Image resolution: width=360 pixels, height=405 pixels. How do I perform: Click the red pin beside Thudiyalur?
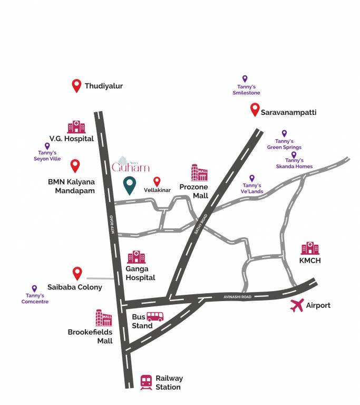pyautogui.click(x=76, y=85)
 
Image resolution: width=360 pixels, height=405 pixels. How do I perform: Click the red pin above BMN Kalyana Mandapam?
pyautogui.click(x=75, y=166)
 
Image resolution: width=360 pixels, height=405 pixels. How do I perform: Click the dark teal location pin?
pyautogui.click(x=129, y=186)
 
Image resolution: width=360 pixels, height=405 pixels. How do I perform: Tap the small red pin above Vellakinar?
pyautogui.click(x=157, y=181)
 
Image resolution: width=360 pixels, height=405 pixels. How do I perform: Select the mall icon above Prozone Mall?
pyautogui.click(x=199, y=172)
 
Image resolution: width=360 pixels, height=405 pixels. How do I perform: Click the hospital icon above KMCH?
pyautogui.click(x=310, y=248)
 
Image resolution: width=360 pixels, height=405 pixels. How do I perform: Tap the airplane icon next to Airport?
pyautogui.click(x=298, y=305)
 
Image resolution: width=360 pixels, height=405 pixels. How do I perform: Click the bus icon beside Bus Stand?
pyautogui.click(x=155, y=316)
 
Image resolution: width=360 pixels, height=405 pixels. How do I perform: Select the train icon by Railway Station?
pyautogui.click(x=147, y=382)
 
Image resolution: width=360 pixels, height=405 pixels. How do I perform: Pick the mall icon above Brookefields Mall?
pyautogui.click(x=104, y=317)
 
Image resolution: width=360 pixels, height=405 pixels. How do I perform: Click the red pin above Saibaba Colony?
pyautogui.click(x=77, y=273)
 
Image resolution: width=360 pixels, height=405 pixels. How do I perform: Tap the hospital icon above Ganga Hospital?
pyautogui.click(x=137, y=257)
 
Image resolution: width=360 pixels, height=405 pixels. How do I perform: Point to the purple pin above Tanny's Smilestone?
pyautogui.click(x=245, y=79)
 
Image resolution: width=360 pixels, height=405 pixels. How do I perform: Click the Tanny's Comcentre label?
pyautogui.click(x=35, y=299)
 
